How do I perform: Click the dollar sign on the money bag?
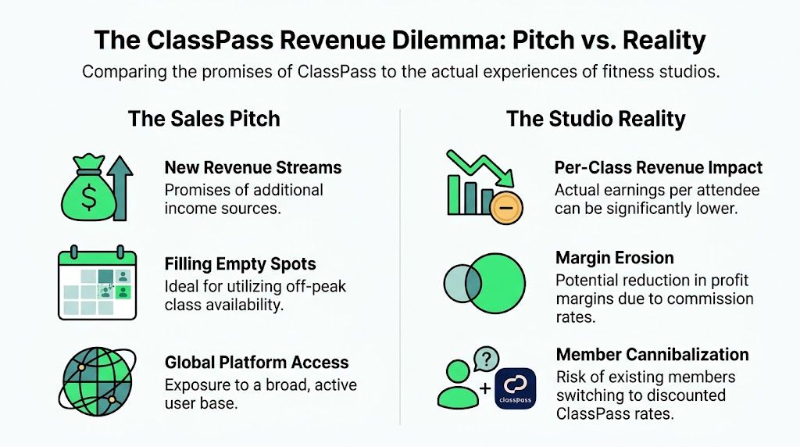(89, 198)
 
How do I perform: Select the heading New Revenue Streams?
(253, 168)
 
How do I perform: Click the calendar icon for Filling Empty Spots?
(98, 284)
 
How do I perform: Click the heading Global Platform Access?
(256, 363)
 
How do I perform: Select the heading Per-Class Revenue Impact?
(658, 168)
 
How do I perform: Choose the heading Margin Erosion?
(614, 258)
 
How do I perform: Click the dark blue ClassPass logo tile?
(515, 388)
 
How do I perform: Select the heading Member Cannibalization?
(652, 355)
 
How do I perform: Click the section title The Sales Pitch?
(204, 120)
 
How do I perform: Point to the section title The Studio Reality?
(595, 120)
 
